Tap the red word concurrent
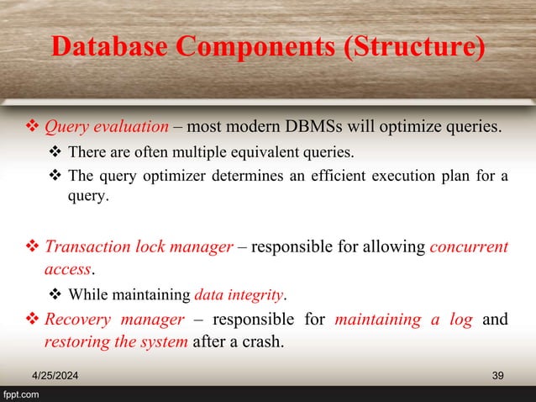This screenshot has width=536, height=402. pos(469,248)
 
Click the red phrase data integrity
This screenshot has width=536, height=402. pos(239,294)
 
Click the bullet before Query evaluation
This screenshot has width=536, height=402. pos(30,129)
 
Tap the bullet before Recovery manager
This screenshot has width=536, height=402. pos(30,320)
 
